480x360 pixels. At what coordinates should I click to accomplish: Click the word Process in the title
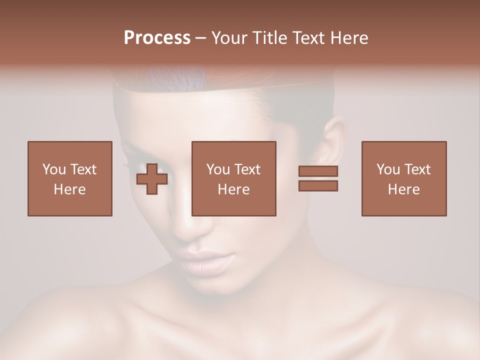coord(157,38)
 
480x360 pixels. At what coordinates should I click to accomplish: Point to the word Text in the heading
coord(310,38)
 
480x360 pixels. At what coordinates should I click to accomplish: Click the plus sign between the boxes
coord(152,179)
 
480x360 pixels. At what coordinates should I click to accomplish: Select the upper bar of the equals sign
coord(318,171)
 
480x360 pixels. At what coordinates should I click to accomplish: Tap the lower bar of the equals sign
coord(318,186)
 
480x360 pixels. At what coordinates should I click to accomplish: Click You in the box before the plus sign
coord(54,169)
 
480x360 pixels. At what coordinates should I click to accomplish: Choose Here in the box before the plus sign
coord(69,189)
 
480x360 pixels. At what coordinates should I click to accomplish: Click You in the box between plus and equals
coord(218,169)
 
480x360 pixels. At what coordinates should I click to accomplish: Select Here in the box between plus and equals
coord(233,189)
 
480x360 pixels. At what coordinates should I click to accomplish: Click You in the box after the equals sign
coord(388,169)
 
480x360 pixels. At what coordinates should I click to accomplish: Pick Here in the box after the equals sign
coord(403,189)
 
